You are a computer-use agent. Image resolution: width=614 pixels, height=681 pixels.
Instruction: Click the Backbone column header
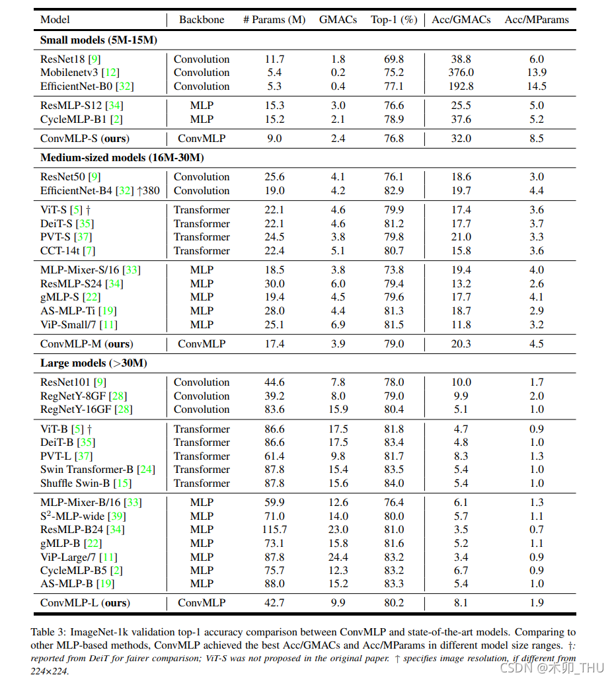coord(202,20)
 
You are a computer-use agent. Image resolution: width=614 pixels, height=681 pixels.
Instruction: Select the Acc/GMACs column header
coord(461,20)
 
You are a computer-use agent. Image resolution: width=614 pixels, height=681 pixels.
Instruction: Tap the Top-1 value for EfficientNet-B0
coord(394,87)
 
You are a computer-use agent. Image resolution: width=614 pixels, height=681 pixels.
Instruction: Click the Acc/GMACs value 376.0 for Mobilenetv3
coord(461,73)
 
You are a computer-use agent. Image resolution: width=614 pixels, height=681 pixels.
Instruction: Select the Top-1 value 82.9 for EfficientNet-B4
coord(394,191)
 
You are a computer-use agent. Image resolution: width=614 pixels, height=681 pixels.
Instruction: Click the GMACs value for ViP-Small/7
coord(338,325)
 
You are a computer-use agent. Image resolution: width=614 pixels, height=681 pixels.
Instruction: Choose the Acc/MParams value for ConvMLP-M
coord(537,344)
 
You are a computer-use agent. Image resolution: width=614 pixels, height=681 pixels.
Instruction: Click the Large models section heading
coord(93,363)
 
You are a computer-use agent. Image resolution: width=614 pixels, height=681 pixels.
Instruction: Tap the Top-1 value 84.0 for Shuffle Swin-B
coord(394,484)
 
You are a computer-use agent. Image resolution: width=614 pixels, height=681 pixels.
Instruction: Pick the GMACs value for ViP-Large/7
coord(338,557)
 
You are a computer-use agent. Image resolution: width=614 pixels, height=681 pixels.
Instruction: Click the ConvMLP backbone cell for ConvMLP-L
coord(202,603)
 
